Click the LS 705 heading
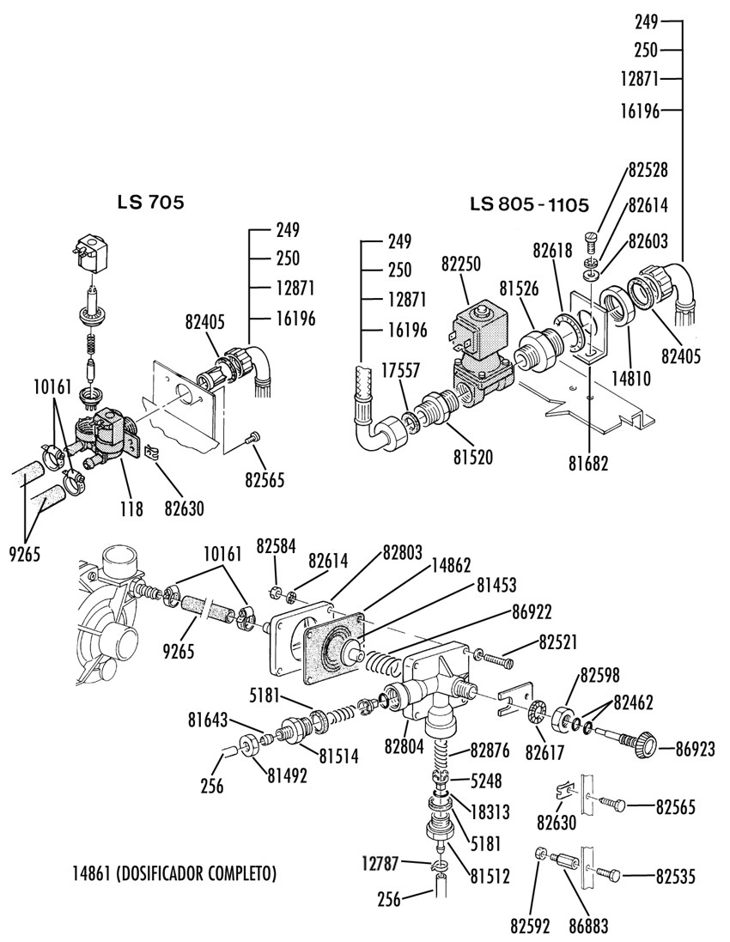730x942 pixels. coord(150,203)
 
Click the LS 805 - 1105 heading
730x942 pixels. coord(528,205)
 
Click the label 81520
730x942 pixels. coord(473,457)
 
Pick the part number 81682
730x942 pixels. coord(587,464)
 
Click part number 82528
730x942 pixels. coord(648,169)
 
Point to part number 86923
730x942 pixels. coord(695,749)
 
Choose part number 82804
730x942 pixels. coord(405,746)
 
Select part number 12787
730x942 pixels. coord(382,863)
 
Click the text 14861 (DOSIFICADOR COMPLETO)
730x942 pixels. coord(174,874)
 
